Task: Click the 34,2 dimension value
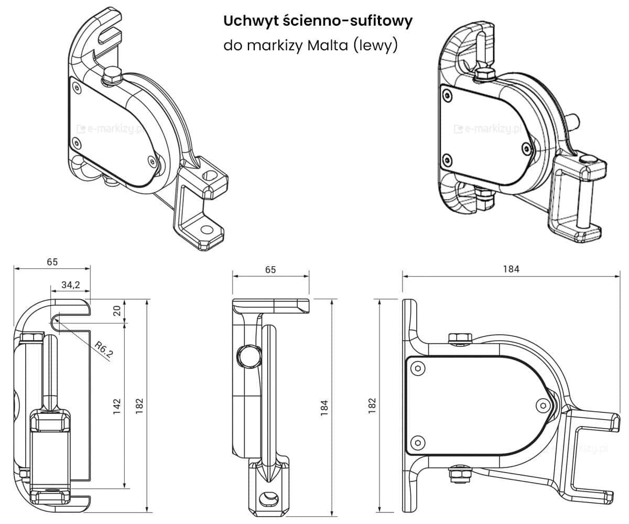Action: tap(70, 285)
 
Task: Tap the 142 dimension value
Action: tap(117, 405)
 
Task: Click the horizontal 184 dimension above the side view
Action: tap(511, 269)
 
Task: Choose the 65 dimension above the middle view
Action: tap(270, 269)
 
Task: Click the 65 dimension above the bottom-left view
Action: tap(52, 261)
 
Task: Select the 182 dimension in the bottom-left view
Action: tap(139, 405)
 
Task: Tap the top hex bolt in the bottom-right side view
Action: tap(459, 339)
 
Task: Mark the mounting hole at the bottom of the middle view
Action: tap(269, 496)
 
